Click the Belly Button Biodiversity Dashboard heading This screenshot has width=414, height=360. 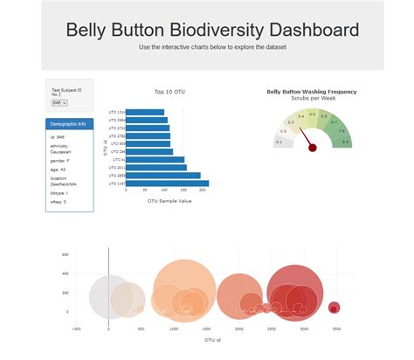pos(212,30)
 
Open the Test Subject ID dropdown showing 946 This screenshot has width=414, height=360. pos(59,103)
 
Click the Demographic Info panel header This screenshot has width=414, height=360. pos(69,124)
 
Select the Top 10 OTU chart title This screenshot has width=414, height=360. pos(170,91)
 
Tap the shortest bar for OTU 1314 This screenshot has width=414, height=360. pos(147,112)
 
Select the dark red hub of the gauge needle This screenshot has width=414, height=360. pos(313,148)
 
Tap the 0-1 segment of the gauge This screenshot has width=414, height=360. pos(279,141)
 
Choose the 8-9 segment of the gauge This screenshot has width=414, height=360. pos(346,141)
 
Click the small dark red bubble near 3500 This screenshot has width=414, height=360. pos(334,307)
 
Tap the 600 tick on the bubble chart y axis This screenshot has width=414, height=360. pos(66,254)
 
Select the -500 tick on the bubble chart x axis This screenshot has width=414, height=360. pos(77,329)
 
